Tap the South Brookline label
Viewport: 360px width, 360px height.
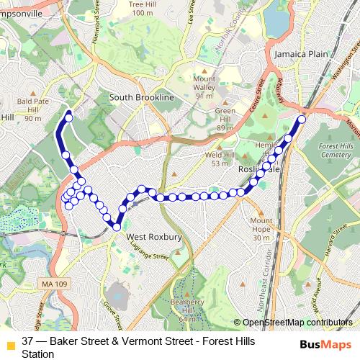[x=142, y=97]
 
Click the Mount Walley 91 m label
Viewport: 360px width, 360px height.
[x=204, y=86]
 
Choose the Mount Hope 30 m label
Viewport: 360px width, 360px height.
[x=261, y=229]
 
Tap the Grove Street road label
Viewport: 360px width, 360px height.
[x=111, y=310]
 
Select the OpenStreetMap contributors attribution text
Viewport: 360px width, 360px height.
[x=297, y=322]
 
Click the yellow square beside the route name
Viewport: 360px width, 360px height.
[x=9, y=346]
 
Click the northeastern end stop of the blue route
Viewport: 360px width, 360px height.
[x=301, y=120]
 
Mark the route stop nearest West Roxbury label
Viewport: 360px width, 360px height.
[x=116, y=227]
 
